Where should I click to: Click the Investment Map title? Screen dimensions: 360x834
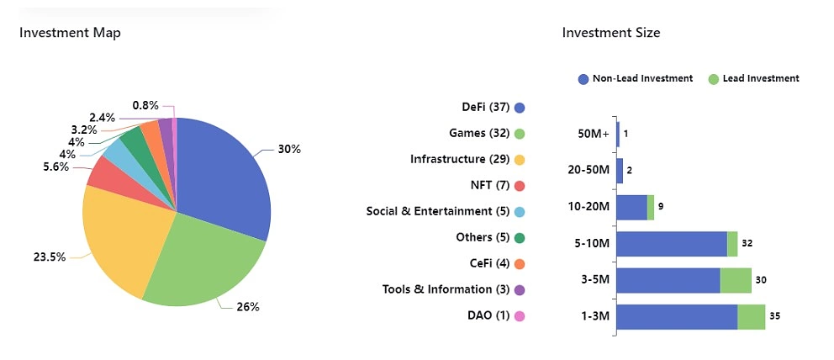(x=70, y=33)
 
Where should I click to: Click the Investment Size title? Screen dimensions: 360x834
(x=611, y=33)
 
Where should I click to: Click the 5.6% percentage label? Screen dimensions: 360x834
(x=56, y=167)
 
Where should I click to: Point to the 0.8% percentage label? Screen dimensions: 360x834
(x=145, y=106)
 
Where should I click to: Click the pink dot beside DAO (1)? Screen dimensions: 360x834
(x=520, y=316)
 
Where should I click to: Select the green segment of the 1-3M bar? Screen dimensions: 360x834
(x=751, y=317)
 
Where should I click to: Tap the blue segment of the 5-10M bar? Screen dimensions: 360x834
(x=672, y=244)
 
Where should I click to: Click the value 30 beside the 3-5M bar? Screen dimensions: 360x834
(x=761, y=280)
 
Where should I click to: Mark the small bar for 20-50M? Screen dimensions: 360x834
(x=620, y=171)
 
